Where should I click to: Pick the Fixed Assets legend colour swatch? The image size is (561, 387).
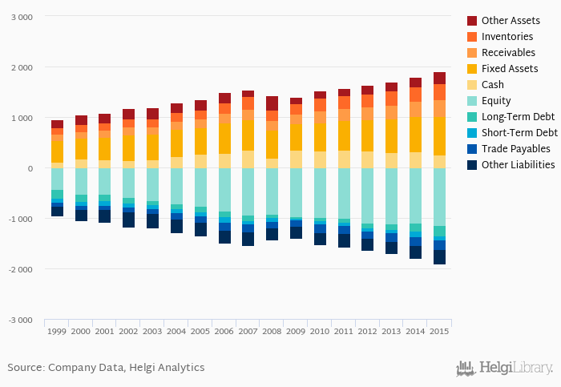click(x=472, y=69)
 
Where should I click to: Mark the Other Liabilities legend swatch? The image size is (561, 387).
click(x=472, y=165)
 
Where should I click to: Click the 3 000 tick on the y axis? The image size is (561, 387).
click(x=21, y=17)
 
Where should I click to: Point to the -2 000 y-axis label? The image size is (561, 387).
click(x=19, y=269)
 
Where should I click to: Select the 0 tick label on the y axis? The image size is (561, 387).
click(x=30, y=168)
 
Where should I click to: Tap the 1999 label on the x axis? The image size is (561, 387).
click(x=57, y=331)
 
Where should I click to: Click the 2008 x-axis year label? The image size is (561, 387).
click(x=272, y=331)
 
